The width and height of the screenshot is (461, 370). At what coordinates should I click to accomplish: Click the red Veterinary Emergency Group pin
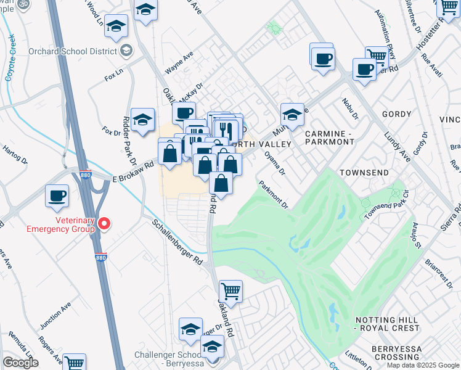pyautogui.click(x=105, y=224)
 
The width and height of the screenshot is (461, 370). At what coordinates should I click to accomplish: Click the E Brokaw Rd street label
pyautogui.click(x=133, y=173)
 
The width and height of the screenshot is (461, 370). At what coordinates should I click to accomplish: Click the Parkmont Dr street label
pyautogui.click(x=274, y=194)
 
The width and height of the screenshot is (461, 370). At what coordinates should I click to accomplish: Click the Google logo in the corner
pyautogui.click(x=20, y=363)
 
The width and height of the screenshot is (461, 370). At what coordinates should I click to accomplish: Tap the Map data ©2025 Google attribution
pyautogui.click(x=422, y=365)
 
